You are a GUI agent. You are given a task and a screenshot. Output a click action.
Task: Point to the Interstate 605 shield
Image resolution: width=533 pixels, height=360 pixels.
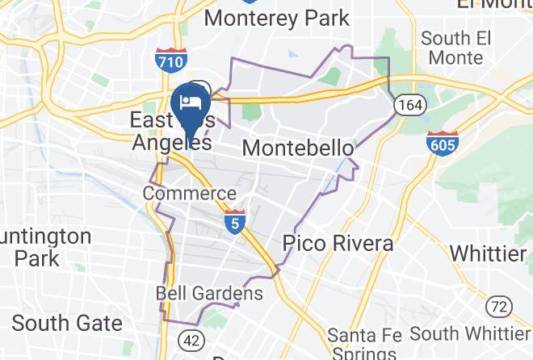[443, 144]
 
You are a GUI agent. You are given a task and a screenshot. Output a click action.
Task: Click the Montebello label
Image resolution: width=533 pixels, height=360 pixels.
[297, 149]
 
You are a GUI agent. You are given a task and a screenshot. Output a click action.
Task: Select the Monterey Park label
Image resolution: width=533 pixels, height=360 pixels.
[277, 17]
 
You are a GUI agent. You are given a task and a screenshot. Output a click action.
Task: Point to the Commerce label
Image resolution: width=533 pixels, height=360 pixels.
[189, 194]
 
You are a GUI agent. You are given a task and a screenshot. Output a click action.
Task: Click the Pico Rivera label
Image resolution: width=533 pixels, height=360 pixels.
[338, 243]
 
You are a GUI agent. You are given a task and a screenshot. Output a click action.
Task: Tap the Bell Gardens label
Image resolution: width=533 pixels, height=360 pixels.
[209, 293]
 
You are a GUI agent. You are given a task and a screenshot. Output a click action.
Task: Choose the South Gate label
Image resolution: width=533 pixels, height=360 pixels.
[67, 324]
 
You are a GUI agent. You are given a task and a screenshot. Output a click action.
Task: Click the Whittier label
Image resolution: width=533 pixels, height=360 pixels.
[488, 253]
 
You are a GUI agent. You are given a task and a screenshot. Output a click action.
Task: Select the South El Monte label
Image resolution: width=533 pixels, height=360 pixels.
[456, 48]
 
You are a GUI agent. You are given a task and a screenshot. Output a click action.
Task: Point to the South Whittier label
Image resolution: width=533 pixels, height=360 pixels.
[469, 333]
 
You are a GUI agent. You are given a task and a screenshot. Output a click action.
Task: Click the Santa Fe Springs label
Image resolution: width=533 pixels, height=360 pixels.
[361, 342]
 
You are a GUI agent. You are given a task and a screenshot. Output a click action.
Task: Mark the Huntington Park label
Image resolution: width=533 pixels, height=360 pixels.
[44, 247]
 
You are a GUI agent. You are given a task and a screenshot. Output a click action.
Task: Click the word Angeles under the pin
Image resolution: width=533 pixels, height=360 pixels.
[171, 143]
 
